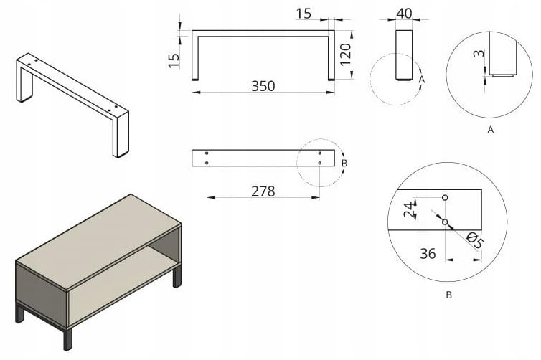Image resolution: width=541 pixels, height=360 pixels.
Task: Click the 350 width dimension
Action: click(263, 86)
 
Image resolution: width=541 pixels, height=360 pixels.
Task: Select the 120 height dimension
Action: click(345, 54)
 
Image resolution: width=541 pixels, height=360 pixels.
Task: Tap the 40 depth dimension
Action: click(404, 14)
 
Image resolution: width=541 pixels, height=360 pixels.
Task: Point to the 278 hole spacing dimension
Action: click(263, 191)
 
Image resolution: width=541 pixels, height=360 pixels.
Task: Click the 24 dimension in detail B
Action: click(409, 210)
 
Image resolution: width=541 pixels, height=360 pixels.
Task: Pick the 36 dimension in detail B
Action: click(428, 254)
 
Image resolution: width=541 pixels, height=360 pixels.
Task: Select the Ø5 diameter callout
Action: click(475, 240)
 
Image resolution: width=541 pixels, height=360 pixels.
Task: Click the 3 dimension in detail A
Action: click(479, 54)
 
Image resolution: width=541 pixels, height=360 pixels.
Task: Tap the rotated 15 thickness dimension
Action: click(174, 60)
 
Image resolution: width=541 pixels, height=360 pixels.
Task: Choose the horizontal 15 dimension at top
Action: click(304, 14)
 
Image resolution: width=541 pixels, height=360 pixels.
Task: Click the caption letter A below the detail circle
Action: click(490, 130)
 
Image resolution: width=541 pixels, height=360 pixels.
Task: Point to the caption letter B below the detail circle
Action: click(448, 295)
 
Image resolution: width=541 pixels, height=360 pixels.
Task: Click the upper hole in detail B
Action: click(445, 198)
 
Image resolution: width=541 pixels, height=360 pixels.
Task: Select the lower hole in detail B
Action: click(445, 222)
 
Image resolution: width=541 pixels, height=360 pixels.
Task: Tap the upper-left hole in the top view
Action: click(207, 153)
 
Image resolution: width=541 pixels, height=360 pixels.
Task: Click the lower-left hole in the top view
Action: click(207, 163)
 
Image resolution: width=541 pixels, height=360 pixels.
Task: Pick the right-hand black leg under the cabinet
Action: click(177, 277)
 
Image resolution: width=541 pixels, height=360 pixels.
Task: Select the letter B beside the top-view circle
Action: click(344, 163)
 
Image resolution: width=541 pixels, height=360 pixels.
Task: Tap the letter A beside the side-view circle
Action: click(422, 80)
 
